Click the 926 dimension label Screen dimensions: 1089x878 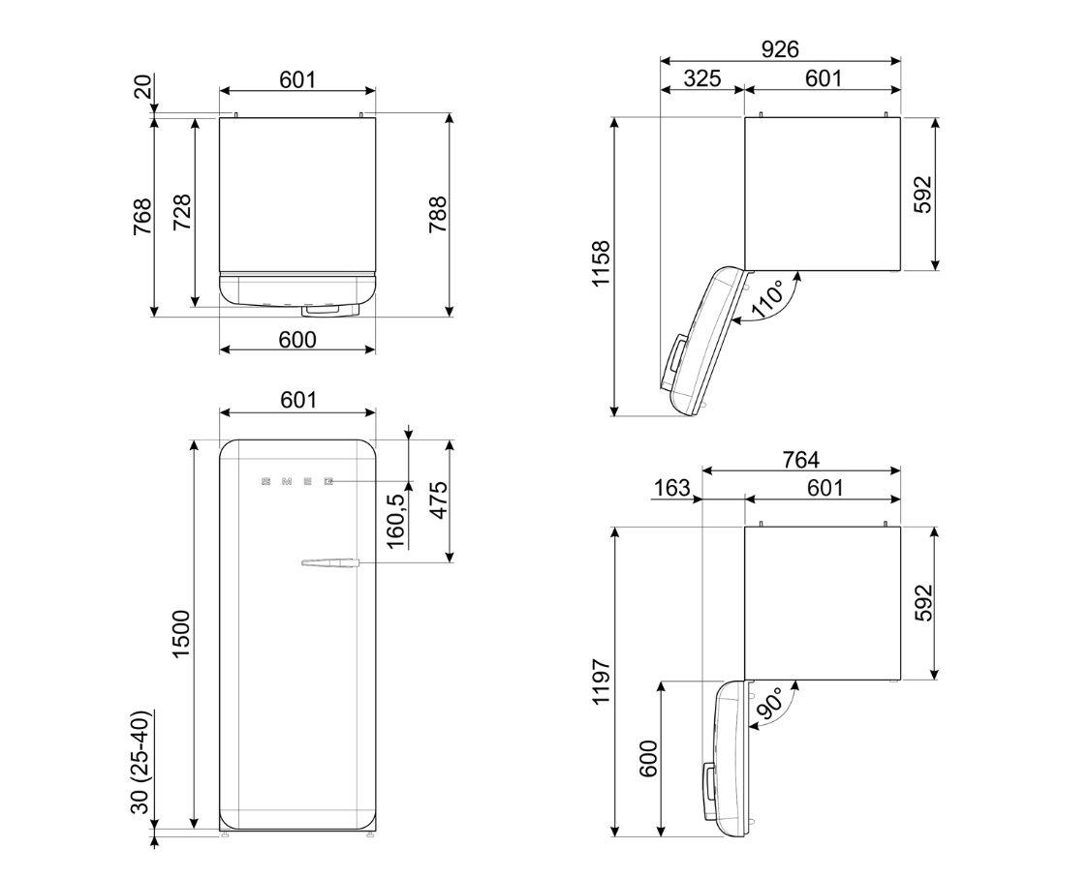[780, 48]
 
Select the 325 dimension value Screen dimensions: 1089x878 [701, 77]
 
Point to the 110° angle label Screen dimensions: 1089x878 [769, 299]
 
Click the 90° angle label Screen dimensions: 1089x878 [769, 706]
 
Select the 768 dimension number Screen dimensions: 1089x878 [141, 217]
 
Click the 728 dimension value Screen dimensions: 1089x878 [181, 213]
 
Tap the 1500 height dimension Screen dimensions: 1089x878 [180, 634]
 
